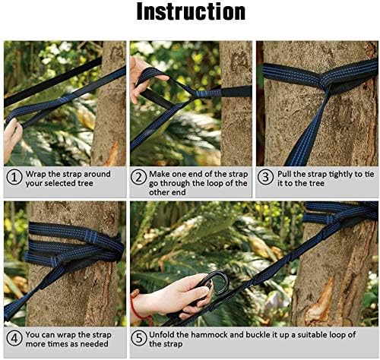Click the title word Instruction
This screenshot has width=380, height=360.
(191, 13)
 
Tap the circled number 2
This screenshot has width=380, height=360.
(139, 178)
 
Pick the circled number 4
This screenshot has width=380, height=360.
(13, 339)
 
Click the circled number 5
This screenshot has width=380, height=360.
(139, 339)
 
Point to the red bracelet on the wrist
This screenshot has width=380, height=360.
(135, 307)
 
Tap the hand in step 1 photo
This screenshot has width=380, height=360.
(11, 137)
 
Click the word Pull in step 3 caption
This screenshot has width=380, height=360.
(288, 173)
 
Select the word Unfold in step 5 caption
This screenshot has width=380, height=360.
(166, 334)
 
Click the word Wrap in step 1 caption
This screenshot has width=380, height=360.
(38, 173)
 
